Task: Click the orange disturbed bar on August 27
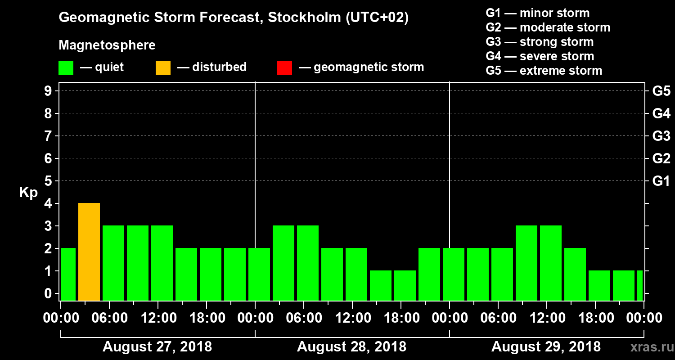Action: point(89,252)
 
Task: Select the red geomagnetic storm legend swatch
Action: point(284,67)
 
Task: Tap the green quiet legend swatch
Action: point(66,67)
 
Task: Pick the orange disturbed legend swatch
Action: point(163,67)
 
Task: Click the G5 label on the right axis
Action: point(661,91)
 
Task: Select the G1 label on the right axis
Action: point(661,181)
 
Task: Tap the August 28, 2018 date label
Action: point(351,347)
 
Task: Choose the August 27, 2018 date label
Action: point(157,347)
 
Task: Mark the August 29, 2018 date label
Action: point(546,347)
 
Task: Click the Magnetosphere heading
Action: point(107,45)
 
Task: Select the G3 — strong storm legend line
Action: point(540,42)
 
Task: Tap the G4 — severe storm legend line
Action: point(540,56)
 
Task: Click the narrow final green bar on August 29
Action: point(639,285)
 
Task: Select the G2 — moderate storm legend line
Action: point(548,27)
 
